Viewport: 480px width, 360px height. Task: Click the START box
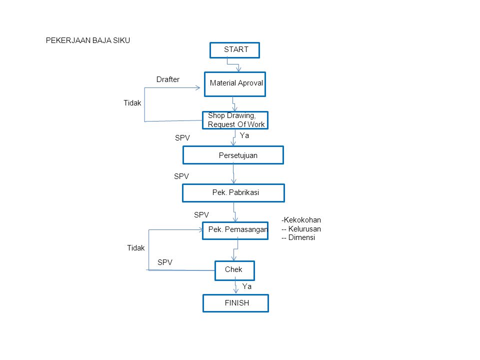[x=235, y=50]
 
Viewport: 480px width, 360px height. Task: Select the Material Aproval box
[x=235, y=84]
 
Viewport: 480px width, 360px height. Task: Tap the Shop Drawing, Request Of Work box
[x=235, y=120]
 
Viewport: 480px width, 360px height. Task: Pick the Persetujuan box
[x=233, y=155]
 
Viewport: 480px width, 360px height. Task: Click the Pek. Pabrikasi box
[x=233, y=193]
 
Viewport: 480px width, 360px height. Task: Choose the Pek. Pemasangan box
[x=235, y=230]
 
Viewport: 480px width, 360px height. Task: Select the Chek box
[x=235, y=270]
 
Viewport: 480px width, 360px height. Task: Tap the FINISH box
[x=235, y=303]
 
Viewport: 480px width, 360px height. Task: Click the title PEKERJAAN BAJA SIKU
[x=88, y=40]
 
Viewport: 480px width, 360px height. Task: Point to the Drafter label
[x=168, y=79]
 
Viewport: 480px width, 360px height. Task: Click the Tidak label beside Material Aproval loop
[x=132, y=103]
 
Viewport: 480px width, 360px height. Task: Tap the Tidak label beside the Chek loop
[x=136, y=248]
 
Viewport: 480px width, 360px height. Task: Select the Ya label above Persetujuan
[x=244, y=135]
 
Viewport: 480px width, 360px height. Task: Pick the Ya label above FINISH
[x=246, y=286]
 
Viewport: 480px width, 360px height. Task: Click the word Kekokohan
[x=302, y=220]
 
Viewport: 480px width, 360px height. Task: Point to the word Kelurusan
[x=304, y=229]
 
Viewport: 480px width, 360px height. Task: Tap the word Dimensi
[x=301, y=237]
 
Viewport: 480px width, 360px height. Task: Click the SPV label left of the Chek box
[x=165, y=262]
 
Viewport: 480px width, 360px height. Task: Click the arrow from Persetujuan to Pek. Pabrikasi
[x=233, y=174]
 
